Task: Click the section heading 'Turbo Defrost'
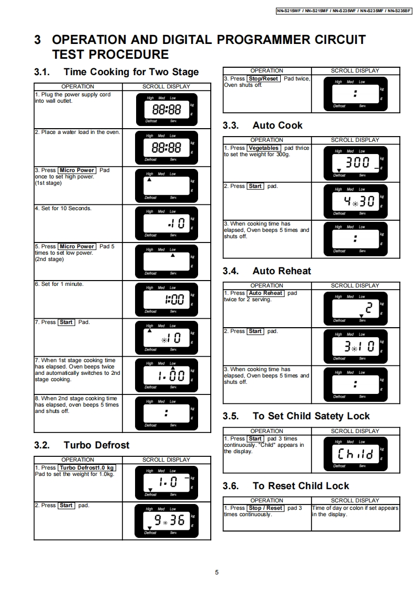tap(96, 445)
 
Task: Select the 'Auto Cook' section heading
tap(278, 125)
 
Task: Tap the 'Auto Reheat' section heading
tap(282, 271)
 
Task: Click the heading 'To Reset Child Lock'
tap(301, 486)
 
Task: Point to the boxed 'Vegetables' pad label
tap(263, 148)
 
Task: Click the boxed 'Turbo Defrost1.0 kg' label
tap(87, 468)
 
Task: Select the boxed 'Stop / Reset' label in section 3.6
tap(265, 508)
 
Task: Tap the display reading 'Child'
tap(355, 454)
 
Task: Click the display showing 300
tap(355, 163)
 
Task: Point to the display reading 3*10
tap(355, 347)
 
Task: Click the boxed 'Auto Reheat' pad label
tap(265, 293)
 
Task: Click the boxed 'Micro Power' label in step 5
tap(77, 247)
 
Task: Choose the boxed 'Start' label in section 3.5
tap(255, 439)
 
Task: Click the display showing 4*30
tap(355, 201)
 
